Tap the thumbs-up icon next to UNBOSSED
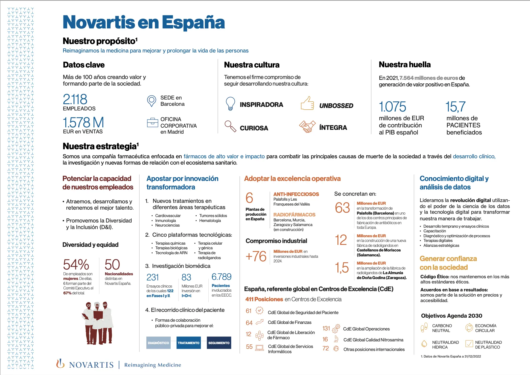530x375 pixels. pyautogui.click(x=307, y=103)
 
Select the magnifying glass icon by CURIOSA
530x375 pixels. pyautogui.click(x=230, y=126)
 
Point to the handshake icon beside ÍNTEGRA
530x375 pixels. pyautogui.click(x=307, y=127)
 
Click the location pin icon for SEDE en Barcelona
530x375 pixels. pyautogui.click(x=151, y=101)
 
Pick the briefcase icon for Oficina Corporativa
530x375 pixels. pyautogui.click(x=152, y=123)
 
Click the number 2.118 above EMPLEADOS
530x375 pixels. pyautogui.click(x=75, y=99)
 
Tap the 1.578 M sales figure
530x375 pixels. pyautogui.click(x=83, y=122)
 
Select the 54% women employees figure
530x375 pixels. pyautogui.click(x=76, y=265)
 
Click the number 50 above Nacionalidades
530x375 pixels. pyautogui.click(x=112, y=265)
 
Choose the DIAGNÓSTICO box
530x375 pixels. pyautogui.click(x=158, y=343)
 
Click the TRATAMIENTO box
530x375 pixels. pyautogui.click(x=188, y=343)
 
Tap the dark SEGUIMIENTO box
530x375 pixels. pyautogui.click(x=219, y=343)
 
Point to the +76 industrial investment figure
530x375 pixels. pyautogui.click(x=256, y=256)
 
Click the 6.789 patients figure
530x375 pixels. pyautogui.click(x=222, y=277)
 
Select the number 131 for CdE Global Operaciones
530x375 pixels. pyautogui.click(x=326, y=328)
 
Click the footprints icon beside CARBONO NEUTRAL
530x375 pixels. pyautogui.click(x=424, y=327)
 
